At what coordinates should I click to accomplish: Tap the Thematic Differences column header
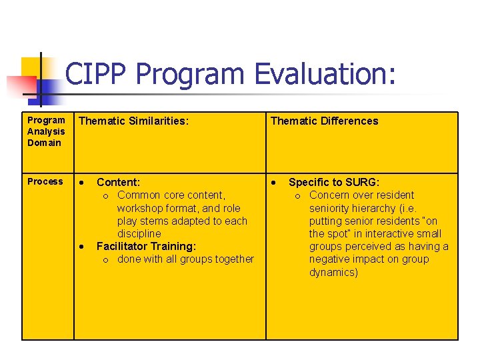click(324, 121)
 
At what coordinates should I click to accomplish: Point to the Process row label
click(45, 181)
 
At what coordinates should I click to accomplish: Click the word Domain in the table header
click(44, 143)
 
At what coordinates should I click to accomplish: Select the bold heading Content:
click(118, 182)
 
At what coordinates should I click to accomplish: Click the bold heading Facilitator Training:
click(146, 246)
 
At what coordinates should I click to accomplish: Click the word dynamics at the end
click(333, 272)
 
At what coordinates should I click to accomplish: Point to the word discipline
click(139, 233)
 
